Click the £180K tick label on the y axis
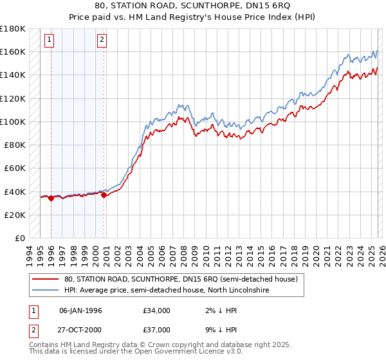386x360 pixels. (12, 29)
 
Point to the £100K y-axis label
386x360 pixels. (12, 122)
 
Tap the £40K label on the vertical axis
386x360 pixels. (14, 192)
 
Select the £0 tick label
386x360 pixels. (19, 239)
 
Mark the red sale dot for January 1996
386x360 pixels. (51, 199)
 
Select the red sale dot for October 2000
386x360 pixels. (104, 195)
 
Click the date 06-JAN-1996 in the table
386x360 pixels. (80, 310)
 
